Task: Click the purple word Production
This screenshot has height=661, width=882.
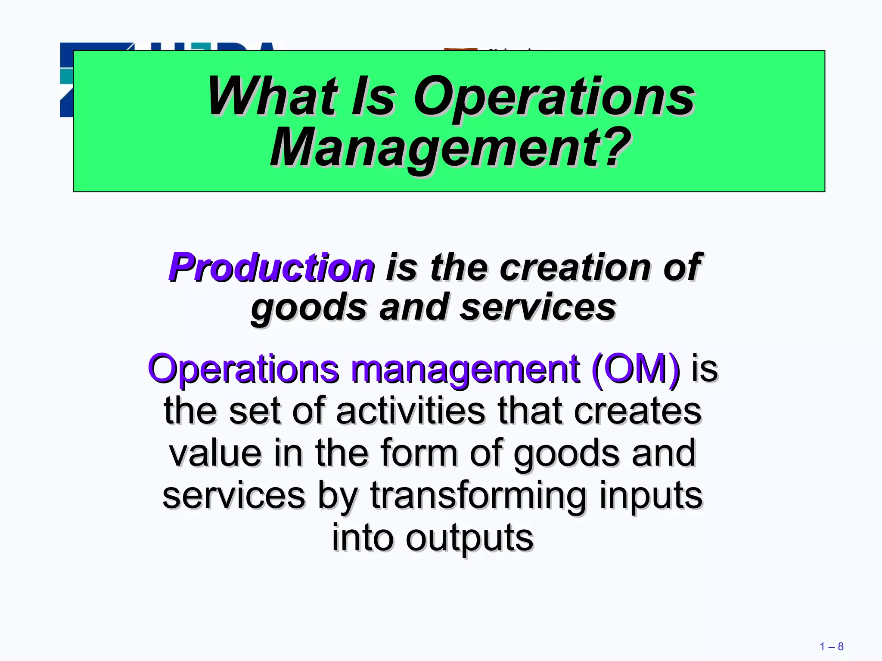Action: click(271, 268)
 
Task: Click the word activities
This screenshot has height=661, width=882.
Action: click(410, 411)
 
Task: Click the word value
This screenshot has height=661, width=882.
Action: click(215, 453)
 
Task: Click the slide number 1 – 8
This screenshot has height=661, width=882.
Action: click(831, 646)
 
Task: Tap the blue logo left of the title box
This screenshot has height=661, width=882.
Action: click(66, 80)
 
